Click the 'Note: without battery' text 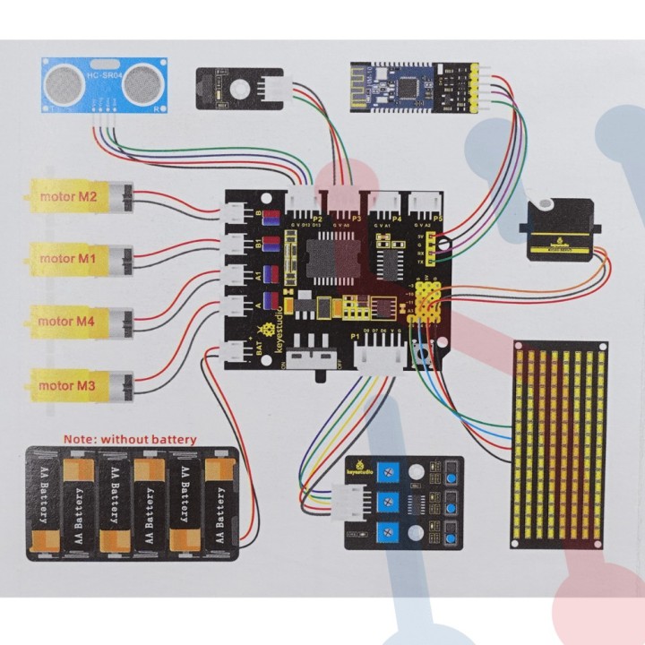pyautogui.click(x=130, y=439)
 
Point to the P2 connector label pyautogui.click(x=315, y=217)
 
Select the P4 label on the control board pyautogui.click(x=395, y=217)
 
